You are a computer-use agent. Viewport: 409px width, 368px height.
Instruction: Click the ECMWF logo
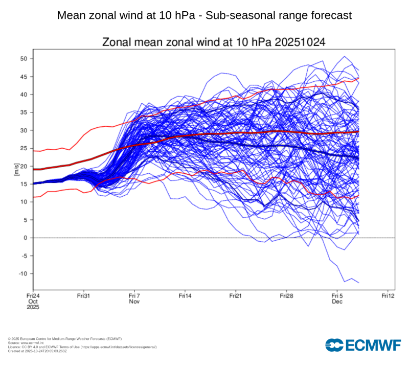362,346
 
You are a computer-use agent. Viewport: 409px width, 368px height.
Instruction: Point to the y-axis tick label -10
22,273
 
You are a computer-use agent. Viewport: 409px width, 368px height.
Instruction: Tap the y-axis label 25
24,148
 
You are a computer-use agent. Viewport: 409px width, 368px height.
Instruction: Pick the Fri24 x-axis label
33,296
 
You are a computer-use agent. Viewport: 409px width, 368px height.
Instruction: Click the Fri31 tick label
83,296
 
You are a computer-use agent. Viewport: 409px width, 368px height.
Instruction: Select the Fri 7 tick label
134,296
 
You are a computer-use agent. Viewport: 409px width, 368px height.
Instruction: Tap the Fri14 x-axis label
185,296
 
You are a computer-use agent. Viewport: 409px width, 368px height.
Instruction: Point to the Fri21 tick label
235,296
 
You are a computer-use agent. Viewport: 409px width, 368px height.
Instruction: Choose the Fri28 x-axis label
286,296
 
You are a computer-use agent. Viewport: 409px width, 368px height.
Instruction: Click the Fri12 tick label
388,296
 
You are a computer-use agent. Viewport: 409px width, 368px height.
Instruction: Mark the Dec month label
337,302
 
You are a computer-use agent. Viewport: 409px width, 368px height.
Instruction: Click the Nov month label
134,302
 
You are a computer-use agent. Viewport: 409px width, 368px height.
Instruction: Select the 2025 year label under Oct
33,308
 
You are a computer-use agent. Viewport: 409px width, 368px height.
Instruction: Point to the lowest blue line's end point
359,283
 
